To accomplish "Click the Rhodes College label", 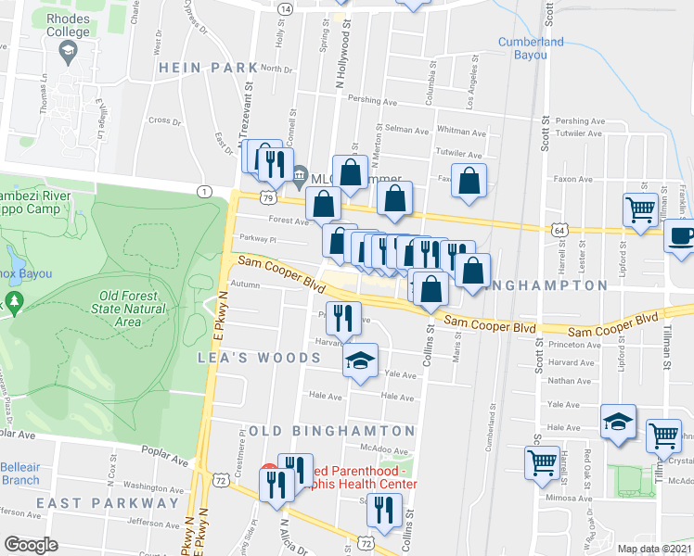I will click(68, 25).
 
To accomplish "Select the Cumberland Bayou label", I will click(531, 47).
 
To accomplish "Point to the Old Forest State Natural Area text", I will click(135, 309).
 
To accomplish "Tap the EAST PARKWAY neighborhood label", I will click(108, 502).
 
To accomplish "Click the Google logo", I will click(31, 545).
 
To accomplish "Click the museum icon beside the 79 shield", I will click(300, 176).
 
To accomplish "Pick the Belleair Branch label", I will click(19, 473).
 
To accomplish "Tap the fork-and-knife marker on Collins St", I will click(382, 511).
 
